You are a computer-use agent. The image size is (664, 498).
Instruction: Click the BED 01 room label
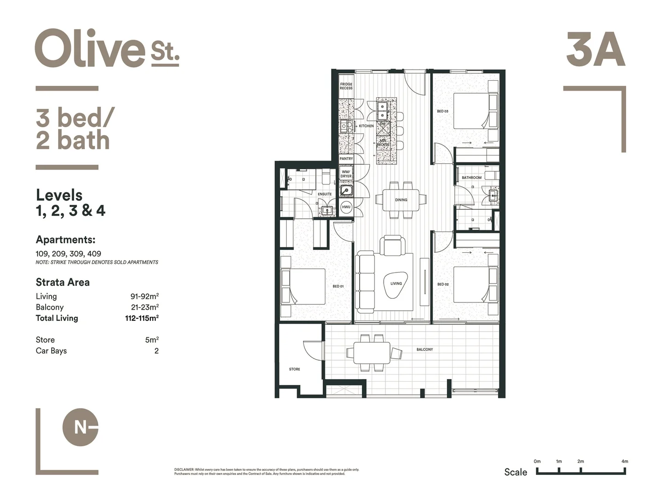pos(338,286)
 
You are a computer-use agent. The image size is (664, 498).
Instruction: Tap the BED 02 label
pos(443,285)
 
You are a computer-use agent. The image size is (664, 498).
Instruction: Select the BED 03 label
pos(442,111)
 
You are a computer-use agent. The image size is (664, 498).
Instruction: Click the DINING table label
pos(401,200)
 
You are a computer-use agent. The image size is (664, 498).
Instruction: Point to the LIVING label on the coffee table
pos(396,284)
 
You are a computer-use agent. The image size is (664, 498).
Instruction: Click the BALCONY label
pos(424,350)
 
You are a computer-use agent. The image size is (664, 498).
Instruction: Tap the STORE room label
pos(294,369)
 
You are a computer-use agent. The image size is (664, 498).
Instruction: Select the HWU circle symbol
pos(346,207)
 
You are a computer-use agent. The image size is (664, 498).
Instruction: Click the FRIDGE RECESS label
pos(346,86)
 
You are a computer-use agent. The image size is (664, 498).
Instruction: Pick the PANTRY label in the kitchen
pos(346,159)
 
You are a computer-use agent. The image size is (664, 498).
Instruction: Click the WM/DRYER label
pos(346,174)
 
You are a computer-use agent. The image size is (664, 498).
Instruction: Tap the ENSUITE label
pos(324,194)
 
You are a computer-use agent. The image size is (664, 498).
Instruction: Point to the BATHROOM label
pos(471,178)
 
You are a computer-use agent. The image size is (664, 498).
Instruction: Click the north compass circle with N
pos(80,427)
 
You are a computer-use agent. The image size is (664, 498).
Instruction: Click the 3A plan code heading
pos(595,50)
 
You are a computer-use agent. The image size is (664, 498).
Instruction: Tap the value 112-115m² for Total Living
pos(142,318)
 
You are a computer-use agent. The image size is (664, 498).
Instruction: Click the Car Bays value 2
pos(156,351)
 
